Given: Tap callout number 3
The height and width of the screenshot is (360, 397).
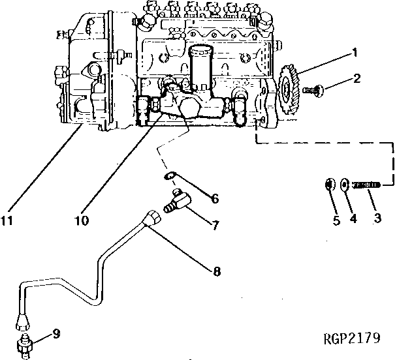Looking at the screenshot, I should (x=377, y=219).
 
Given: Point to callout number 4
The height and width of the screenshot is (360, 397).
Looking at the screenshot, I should (x=353, y=219).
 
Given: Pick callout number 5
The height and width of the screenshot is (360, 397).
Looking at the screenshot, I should (x=336, y=220).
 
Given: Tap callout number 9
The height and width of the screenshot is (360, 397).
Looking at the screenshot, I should (x=57, y=334).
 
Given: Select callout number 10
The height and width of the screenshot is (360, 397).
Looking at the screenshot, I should (x=82, y=220).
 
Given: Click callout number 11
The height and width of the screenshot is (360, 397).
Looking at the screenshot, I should (x=7, y=220).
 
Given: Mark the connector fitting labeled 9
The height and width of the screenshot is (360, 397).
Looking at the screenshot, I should (x=25, y=344).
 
